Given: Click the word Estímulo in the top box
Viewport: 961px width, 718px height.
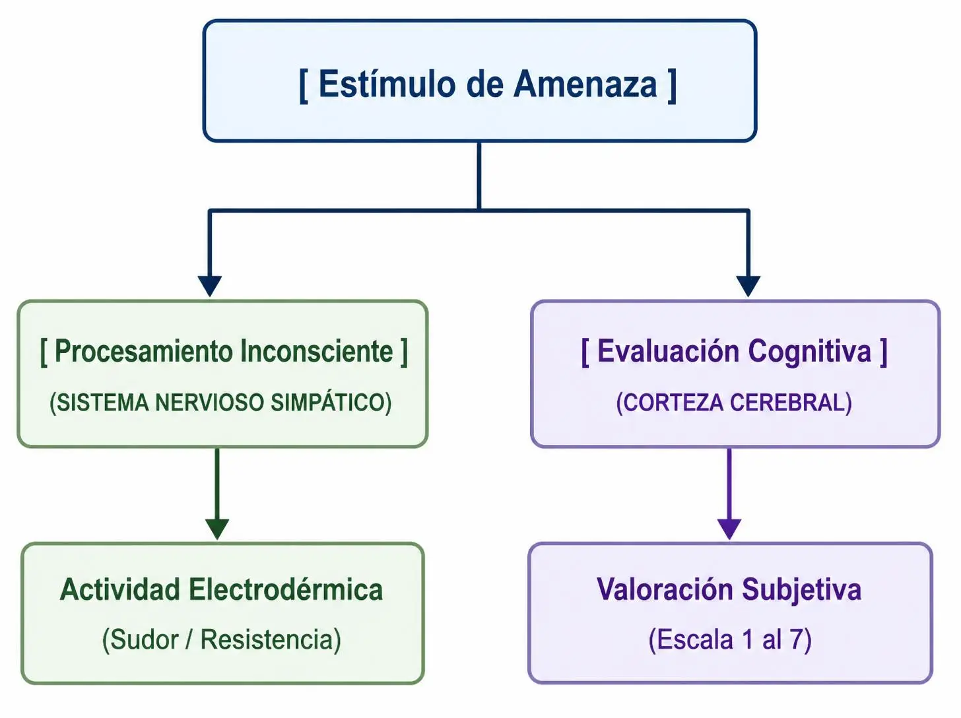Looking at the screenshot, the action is tap(387, 84).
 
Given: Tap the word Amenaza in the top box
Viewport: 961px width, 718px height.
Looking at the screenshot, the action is tap(585, 84).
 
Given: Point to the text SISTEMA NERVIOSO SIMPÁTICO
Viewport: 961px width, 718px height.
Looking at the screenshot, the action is tap(220, 402).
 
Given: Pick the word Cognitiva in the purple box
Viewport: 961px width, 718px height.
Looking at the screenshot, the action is tap(810, 352).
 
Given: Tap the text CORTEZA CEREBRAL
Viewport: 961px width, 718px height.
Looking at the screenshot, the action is tap(734, 402).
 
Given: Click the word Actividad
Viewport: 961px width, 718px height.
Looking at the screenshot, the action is tap(120, 589).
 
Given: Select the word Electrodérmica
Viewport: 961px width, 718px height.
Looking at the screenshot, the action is tap(286, 589).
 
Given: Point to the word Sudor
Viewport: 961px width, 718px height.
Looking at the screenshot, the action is tap(140, 639).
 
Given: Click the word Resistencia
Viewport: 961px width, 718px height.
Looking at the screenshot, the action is tap(267, 639).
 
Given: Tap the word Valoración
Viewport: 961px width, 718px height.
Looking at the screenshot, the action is tap(665, 589).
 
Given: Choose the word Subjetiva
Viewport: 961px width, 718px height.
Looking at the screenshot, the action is tap(802, 590).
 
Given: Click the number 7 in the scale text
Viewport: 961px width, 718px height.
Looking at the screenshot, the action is tap(797, 639).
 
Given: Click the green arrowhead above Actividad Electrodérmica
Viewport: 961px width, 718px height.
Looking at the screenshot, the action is tap(217, 529).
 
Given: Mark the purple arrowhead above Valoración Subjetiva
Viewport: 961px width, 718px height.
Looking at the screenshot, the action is tap(729, 529).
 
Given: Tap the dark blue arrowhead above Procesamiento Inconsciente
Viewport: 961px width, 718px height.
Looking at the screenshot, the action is tap(210, 286).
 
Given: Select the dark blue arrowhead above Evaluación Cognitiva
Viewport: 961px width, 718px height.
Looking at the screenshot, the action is tap(748, 286).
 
